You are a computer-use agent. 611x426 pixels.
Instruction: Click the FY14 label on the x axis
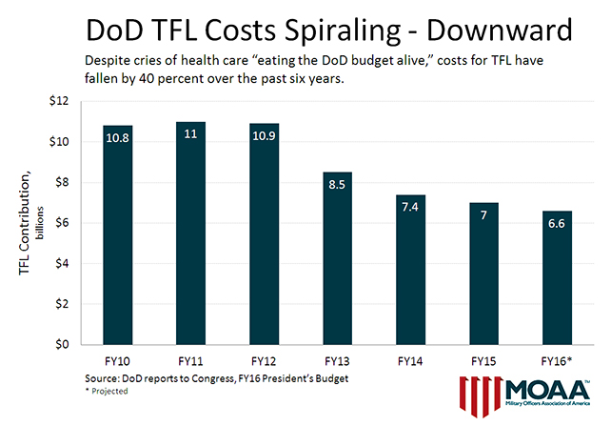(410, 363)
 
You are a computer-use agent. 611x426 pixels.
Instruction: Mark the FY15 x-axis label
(483, 363)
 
